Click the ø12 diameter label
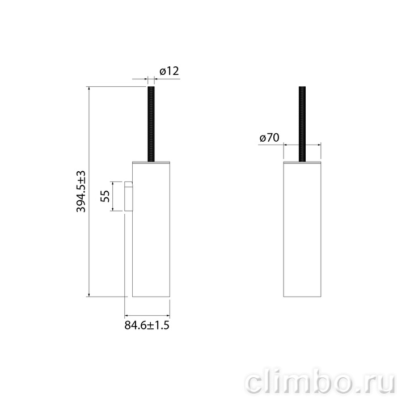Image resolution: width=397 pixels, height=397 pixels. pos(169,71)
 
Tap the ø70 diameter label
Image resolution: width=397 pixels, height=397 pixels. pos(269,138)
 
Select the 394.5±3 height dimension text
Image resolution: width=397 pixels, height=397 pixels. pos(81,192)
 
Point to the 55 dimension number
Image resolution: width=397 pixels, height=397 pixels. pos(105,196)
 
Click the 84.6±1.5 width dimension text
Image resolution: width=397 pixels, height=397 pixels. pos(147,325)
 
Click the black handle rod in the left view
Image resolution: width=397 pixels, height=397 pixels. pos(151,124)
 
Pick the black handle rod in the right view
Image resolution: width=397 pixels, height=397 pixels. pos(302,124)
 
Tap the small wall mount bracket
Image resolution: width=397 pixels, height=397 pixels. pos(128,196)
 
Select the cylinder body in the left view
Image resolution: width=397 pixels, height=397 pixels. pos(151,230)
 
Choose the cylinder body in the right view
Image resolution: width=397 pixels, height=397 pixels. pos(302,230)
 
